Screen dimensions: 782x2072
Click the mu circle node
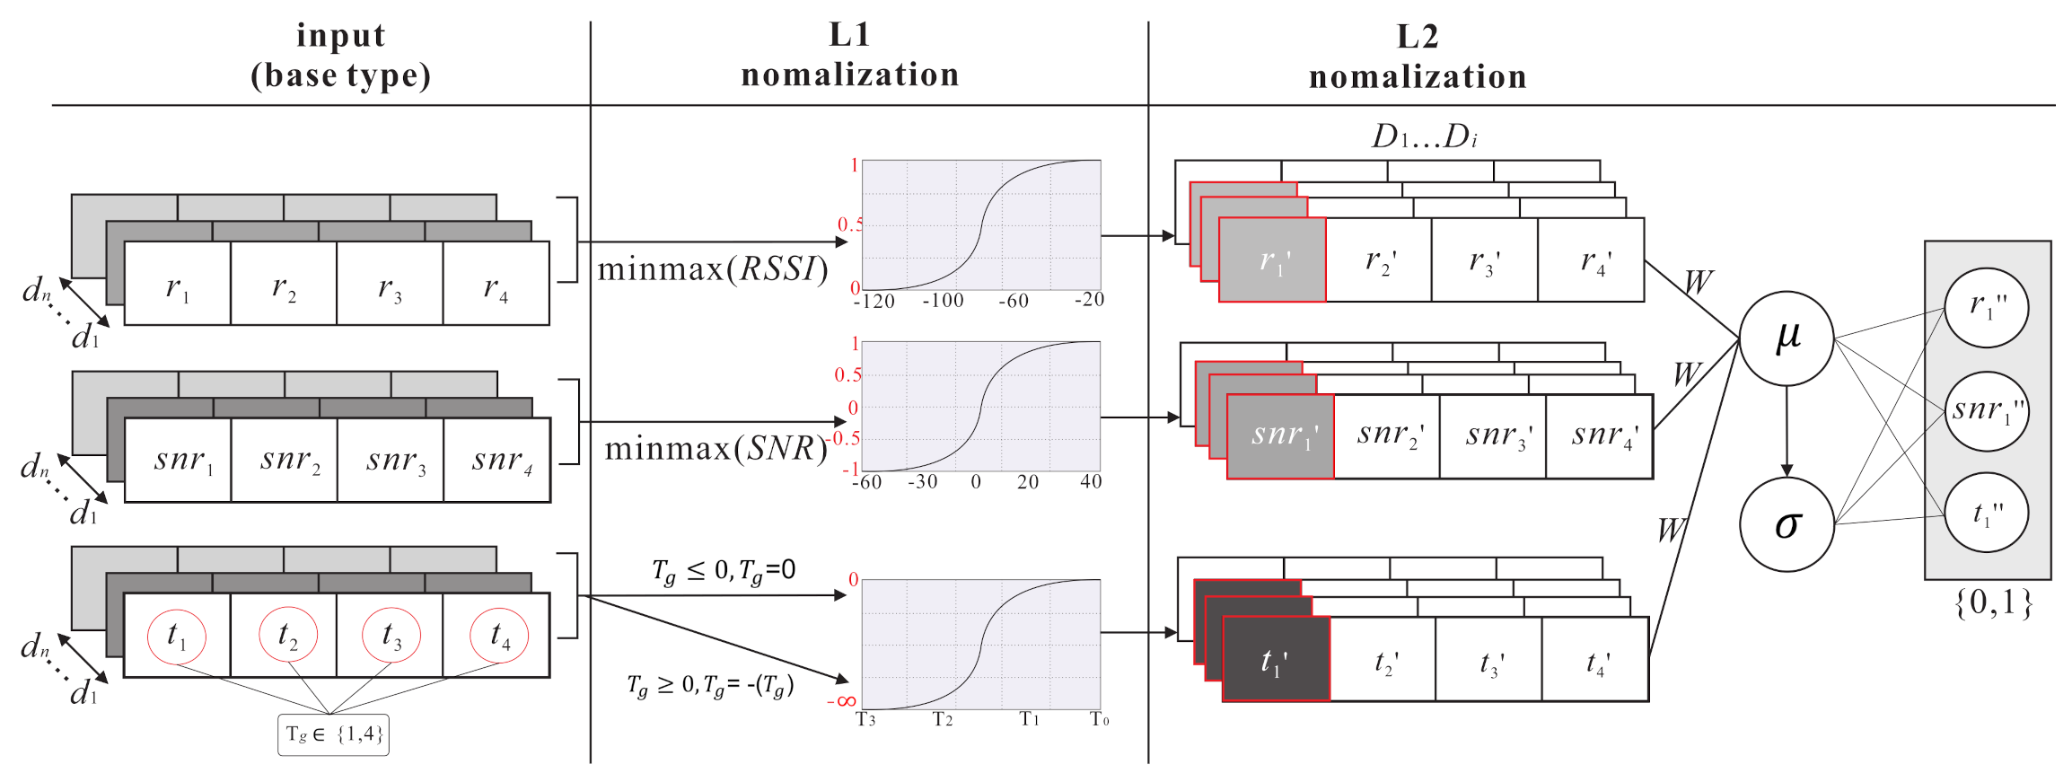coord(1786,338)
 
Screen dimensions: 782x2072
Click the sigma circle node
coord(1786,524)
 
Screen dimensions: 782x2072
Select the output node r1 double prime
coord(1986,307)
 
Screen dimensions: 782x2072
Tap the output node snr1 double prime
coord(1987,411)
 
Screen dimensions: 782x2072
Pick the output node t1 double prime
coord(1986,514)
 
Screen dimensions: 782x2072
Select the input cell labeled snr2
coord(285,460)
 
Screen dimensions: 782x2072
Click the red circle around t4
coord(499,635)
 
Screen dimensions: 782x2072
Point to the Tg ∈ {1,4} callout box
coord(333,734)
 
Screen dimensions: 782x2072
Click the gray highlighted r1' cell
coord(1272,260)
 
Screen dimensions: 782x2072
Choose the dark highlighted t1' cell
coord(1275,660)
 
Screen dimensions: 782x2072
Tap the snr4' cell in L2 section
coord(1600,436)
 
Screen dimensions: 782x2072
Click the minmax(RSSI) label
coord(712,268)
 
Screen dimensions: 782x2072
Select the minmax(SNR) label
coord(716,447)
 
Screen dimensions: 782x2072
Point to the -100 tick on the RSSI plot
coord(942,301)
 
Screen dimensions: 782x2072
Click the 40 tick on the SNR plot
coord(1091,482)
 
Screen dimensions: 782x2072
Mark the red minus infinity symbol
coord(841,701)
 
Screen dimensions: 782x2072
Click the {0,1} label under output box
coord(1991,602)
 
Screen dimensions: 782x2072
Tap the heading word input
coord(341,35)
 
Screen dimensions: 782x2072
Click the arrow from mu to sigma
coord(1787,431)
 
